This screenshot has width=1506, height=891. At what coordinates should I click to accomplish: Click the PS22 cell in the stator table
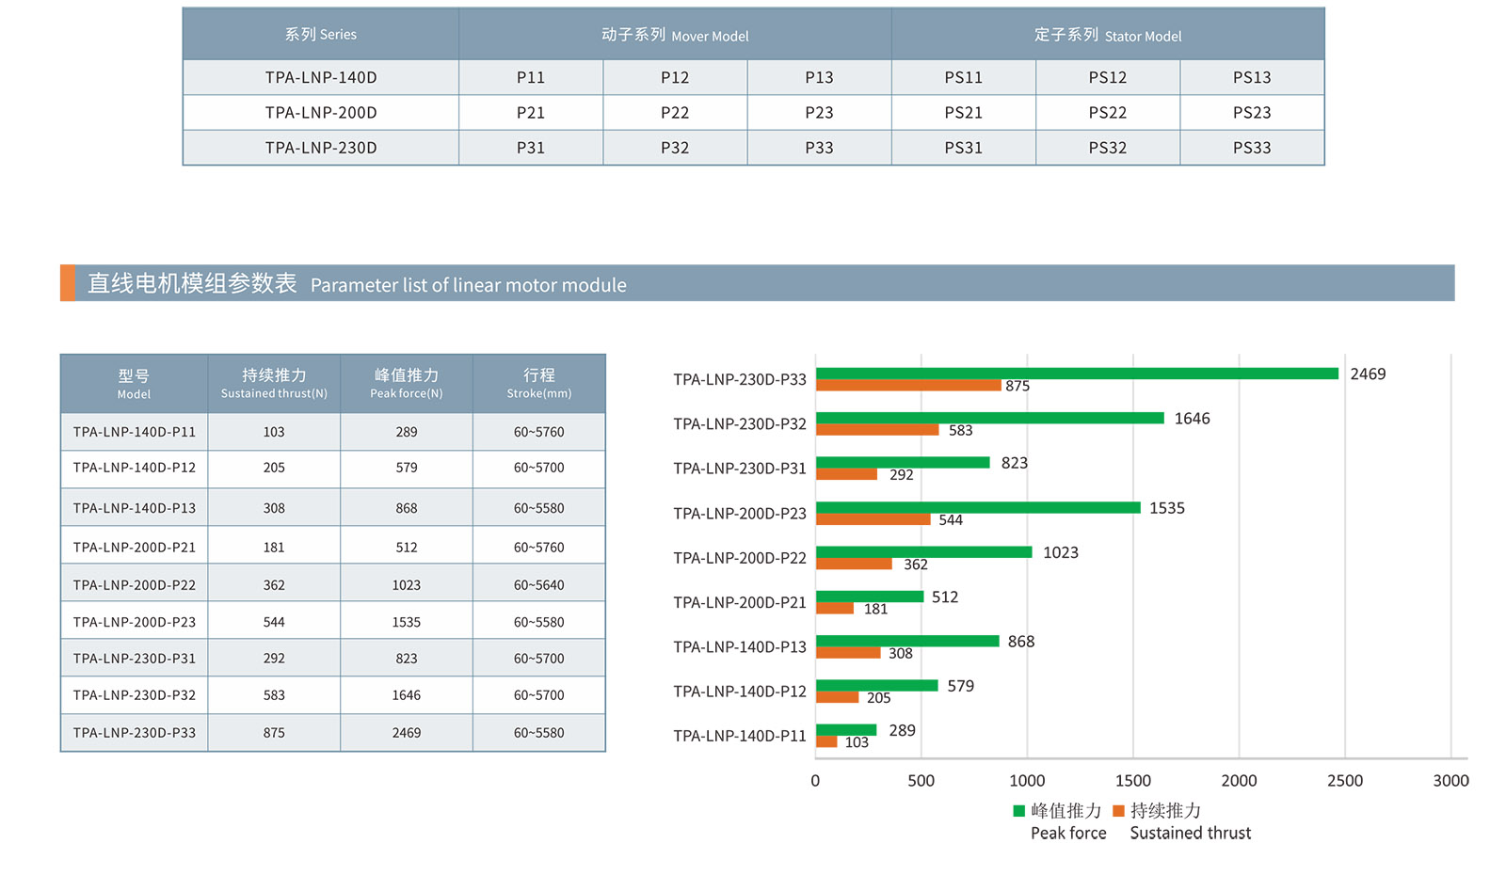pos(1107,112)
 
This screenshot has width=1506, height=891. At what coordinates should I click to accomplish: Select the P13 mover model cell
pos(819,77)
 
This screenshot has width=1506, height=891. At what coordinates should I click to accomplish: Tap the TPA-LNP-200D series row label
pos(321,112)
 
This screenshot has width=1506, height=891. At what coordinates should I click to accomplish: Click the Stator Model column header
pos(1107,35)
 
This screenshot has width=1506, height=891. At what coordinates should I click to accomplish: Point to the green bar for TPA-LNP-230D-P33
pos(1077,374)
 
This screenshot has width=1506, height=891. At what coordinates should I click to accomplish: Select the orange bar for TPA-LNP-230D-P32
pos(877,430)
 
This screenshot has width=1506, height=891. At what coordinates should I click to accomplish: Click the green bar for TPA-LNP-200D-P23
pos(978,507)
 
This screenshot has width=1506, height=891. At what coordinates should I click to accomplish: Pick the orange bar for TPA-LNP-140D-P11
pos(826,741)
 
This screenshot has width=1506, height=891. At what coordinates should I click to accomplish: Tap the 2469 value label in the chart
pos(1368,374)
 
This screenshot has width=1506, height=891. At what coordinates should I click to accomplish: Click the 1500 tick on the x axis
pos(1132,780)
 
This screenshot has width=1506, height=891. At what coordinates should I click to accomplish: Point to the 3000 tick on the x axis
pos(1450,780)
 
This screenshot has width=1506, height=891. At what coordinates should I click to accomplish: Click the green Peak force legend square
pos(1018,810)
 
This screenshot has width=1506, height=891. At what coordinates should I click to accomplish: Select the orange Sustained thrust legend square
pos(1118,810)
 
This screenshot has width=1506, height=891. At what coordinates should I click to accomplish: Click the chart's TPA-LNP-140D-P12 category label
pos(740,691)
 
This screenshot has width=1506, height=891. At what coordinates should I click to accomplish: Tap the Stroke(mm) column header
pos(538,383)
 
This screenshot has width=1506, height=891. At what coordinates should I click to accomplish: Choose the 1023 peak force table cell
pos(407,584)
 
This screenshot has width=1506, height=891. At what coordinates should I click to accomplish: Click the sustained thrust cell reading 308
pos(274,508)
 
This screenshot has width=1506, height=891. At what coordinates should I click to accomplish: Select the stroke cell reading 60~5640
pos(538,584)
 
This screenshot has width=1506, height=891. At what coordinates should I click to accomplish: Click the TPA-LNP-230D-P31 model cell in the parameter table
pos(135,659)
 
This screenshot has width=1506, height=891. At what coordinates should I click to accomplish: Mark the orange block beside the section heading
pos(68,283)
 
